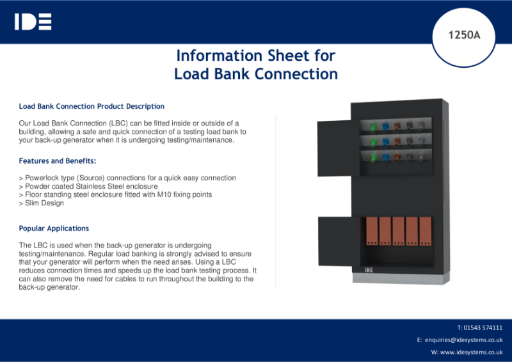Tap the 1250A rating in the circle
point(464,35)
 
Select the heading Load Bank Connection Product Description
point(92,106)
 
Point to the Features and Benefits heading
point(58,161)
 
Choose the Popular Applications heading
point(54,228)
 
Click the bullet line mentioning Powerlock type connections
point(127,178)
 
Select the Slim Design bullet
point(42,203)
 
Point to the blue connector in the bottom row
point(385,157)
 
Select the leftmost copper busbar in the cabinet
point(371,232)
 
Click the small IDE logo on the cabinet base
point(369,270)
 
